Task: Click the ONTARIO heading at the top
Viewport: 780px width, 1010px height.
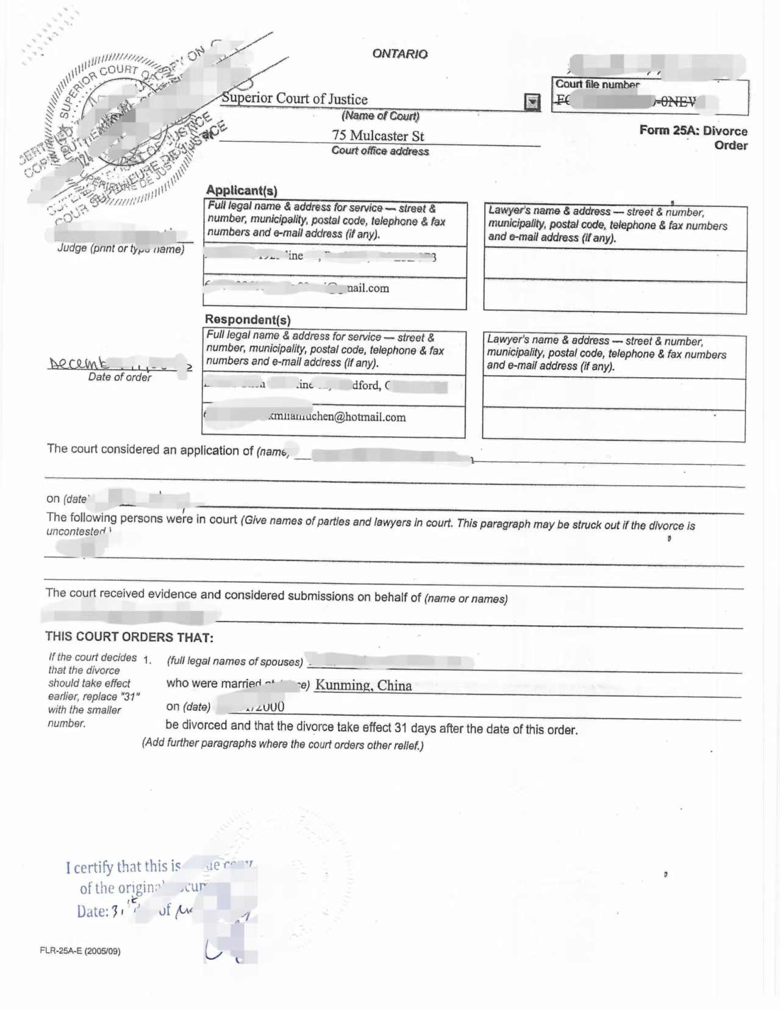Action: click(x=399, y=54)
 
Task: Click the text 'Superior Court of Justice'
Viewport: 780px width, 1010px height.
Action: click(x=295, y=99)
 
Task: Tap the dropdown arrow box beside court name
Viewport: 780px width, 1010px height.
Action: click(x=532, y=102)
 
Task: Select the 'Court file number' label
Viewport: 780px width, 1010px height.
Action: click(x=597, y=85)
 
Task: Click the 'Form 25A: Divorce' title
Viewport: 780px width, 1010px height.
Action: click(x=693, y=131)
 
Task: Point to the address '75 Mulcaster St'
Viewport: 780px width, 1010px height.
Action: click(x=377, y=135)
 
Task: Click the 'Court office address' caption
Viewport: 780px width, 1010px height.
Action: click(x=380, y=151)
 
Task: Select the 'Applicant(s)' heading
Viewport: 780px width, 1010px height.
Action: click(x=242, y=190)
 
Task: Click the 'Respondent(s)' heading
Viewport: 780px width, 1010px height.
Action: click(x=248, y=319)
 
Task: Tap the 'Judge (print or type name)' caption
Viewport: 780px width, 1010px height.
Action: click(x=121, y=249)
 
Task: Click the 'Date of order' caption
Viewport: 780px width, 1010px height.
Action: click(x=120, y=377)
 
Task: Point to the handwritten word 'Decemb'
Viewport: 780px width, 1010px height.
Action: click(x=79, y=364)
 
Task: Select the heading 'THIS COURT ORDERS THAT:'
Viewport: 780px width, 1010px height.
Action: click(x=129, y=637)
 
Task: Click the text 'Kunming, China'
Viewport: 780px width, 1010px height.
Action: click(x=363, y=685)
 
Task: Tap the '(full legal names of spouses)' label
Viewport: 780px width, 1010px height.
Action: click(x=235, y=661)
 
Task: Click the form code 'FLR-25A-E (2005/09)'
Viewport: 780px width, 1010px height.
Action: click(x=80, y=951)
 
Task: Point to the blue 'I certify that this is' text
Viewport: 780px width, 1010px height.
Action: click(x=123, y=867)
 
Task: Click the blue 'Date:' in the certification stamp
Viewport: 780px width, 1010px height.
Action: click(x=92, y=912)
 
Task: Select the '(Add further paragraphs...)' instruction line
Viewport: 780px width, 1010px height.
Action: click(x=282, y=745)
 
